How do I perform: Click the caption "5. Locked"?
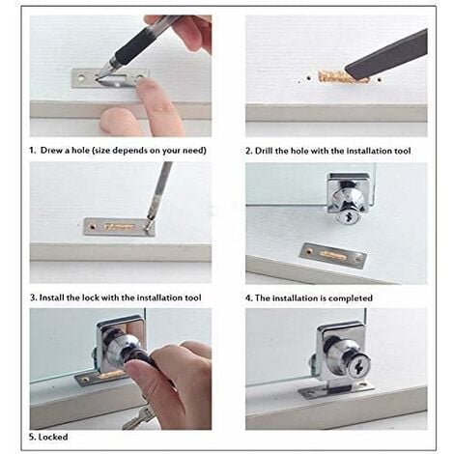48,437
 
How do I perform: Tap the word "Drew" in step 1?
51,150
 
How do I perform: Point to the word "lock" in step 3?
91,298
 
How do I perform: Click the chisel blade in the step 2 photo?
387,55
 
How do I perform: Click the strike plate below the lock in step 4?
333,256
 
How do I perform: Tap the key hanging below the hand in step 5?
138,417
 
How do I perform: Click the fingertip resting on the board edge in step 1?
115,122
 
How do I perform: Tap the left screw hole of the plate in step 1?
81,77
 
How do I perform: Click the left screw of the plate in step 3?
93,226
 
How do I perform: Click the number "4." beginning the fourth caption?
249,298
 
